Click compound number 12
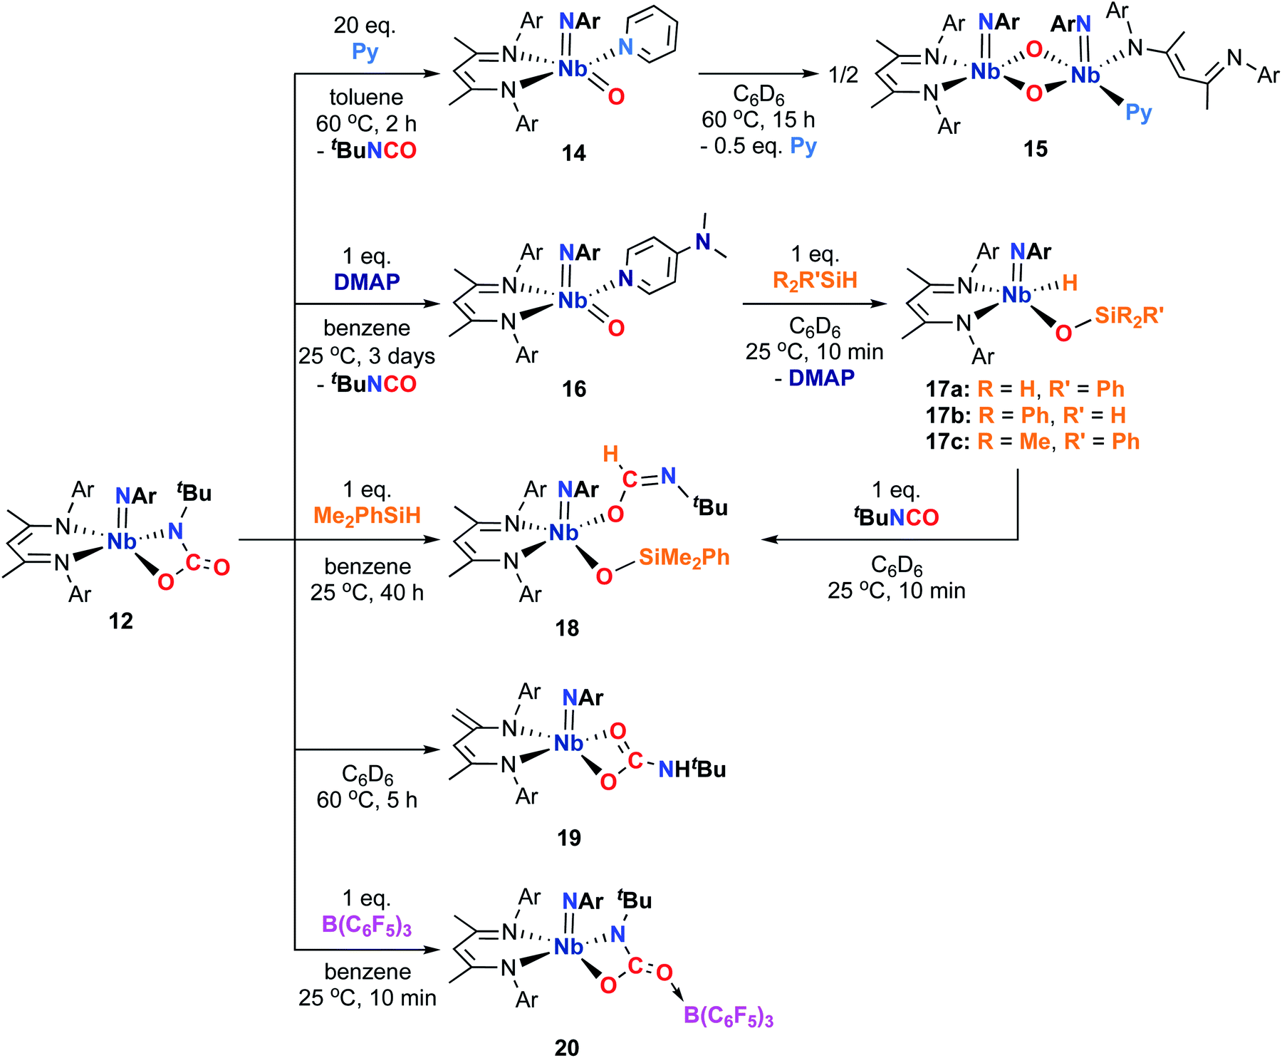click(121, 621)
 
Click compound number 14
click(573, 153)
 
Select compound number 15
click(1035, 149)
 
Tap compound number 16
click(573, 389)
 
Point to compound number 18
click(567, 628)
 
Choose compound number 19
click(568, 838)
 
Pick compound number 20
click(567, 1047)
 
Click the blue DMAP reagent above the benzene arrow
click(367, 282)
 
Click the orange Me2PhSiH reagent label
click(367, 515)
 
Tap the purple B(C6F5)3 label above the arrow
click(367, 925)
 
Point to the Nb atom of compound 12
click(121, 541)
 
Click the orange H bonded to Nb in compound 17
click(1069, 284)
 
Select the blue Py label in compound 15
click(1138, 113)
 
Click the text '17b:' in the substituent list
click(947, 415)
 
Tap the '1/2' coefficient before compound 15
click(843, 74)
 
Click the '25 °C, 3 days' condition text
click(367, 356)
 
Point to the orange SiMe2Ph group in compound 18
click(684, 557)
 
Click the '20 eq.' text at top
click(365, 26)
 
